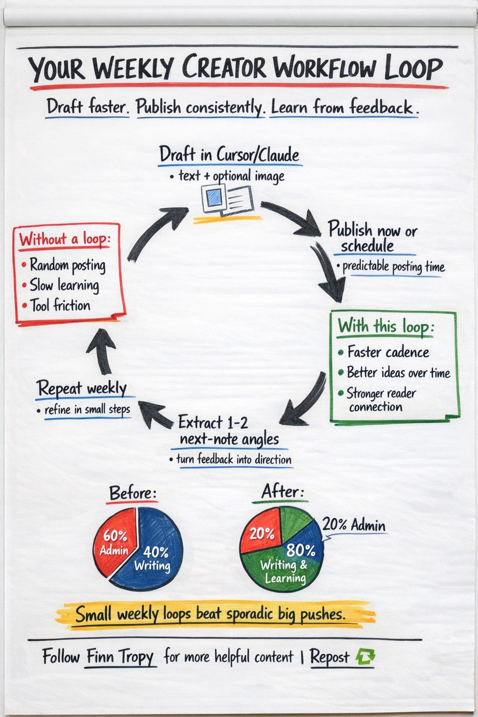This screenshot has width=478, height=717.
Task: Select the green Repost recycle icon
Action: pos(366,657)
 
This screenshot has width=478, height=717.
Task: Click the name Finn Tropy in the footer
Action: pos(120,657)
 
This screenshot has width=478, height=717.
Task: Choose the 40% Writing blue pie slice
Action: pos(152,560)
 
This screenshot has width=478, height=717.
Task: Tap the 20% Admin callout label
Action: pos(354,526)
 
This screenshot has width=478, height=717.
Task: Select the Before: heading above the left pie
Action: pos(133,493)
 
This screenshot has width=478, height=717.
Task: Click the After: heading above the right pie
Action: pos(283,492)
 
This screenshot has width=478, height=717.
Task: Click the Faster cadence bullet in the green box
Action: pos(388,352)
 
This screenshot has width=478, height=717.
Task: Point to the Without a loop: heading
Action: pos(65,239)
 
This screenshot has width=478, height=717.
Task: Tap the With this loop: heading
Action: pos(386,326)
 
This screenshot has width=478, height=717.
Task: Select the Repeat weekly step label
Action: pos(82,388)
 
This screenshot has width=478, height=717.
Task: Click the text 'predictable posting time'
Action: pos(394,267)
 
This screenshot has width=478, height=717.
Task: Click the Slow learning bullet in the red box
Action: pos(64,285)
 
